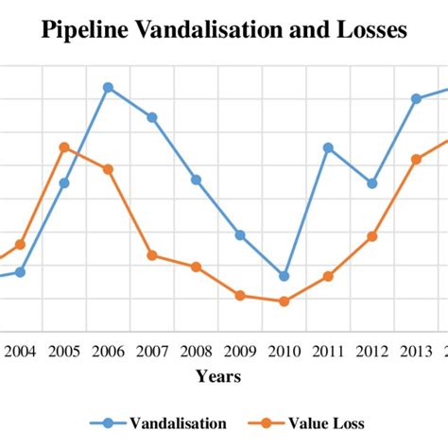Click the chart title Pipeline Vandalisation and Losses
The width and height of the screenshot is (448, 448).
click(x=224, y=30)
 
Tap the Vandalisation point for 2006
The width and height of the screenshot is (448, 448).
click(x=108, y=87)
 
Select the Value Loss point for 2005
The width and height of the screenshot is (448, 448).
click(x=63, y=146)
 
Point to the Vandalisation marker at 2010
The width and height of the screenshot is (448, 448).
click(x=284, y=276)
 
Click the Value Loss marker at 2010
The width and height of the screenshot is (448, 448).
click(x=284, y=302)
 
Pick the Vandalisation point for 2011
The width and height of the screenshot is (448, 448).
click(x=328, y=146)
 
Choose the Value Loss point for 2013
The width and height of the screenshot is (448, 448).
click(x=416, y=159)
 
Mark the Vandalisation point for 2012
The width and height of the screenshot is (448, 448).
click(x=372, y=183)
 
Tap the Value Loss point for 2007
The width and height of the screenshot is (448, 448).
click(x=152, y=255)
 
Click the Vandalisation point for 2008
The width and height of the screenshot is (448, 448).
click(x=196, y=180)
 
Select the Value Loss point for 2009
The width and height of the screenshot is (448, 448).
click(x=240, y=296)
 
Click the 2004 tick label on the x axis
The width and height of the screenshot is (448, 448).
click(x=20, y=352)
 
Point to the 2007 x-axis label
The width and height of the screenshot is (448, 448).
click(x=152, y=352)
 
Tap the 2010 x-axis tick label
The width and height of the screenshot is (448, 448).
click(x=284, y=352)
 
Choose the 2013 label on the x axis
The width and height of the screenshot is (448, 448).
click(x=416, y=352)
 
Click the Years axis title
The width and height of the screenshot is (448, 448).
click(x=218, y=376)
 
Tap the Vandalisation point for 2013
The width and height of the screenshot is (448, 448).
click(x=416, y=98)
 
